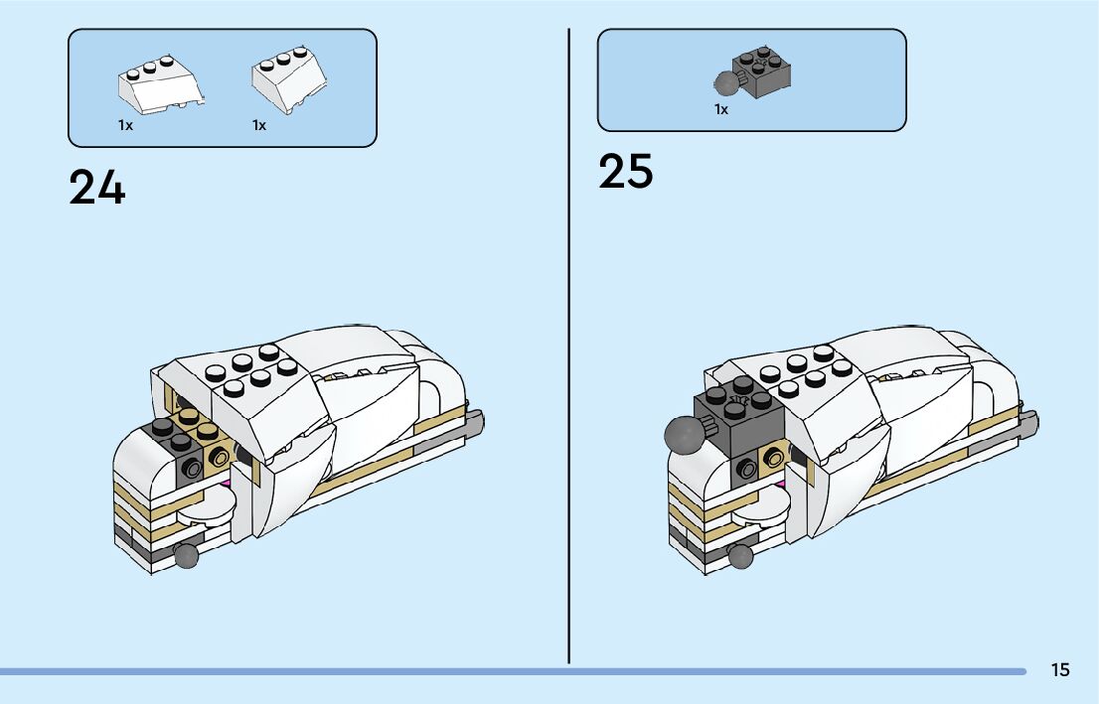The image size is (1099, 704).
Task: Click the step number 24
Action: point(97,188)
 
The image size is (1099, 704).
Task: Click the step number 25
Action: point(626,172)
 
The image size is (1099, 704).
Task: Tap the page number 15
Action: point(1060,669)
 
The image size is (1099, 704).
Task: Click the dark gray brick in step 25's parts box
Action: point(759,71)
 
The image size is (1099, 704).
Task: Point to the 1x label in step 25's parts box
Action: point(721,110)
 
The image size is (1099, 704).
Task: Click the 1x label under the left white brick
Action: point(125,125)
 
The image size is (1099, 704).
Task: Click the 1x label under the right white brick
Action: point(259,125)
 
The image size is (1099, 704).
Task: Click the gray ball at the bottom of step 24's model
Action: point(186,556)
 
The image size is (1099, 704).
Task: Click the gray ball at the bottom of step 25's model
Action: point(740,557)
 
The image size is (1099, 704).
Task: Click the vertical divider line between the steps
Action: point(568,348)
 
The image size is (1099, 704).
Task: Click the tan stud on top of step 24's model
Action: point(207,432)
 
